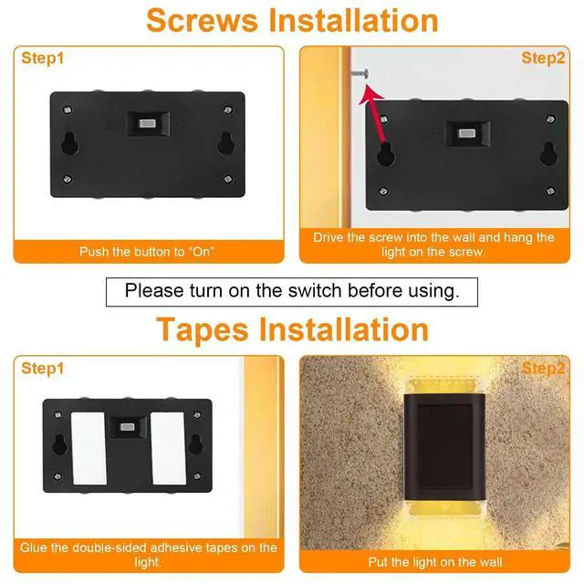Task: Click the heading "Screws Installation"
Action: point(291,20)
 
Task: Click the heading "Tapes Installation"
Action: point(291,328)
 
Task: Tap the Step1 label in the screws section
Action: point(44,58)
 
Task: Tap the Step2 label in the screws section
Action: point(543,58)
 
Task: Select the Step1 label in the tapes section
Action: point(44,369)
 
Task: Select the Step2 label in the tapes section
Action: point(543,369)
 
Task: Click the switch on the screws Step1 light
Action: point(145,123)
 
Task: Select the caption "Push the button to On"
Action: point(148,251)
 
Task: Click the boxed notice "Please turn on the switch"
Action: point(291,291)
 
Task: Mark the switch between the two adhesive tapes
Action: point(128,426)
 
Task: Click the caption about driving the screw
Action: point(433,245)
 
